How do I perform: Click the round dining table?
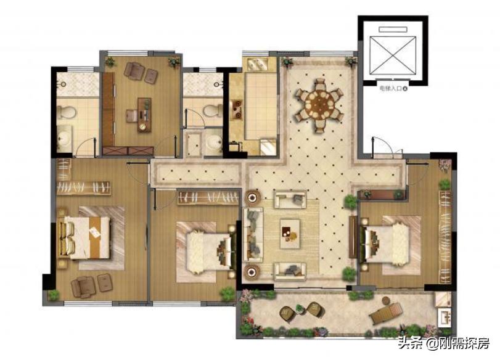[319, 104]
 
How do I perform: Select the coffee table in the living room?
[290, 234]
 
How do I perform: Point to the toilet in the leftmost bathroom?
[68, 112]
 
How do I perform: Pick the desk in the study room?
[144, 115]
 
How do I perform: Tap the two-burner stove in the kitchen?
[237, 109]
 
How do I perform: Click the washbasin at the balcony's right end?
[445, 317]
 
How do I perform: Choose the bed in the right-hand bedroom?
[385, 244]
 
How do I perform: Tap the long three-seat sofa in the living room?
[253, 235]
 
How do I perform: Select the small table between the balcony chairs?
[299, 308]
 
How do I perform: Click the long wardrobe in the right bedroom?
[446, 237]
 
